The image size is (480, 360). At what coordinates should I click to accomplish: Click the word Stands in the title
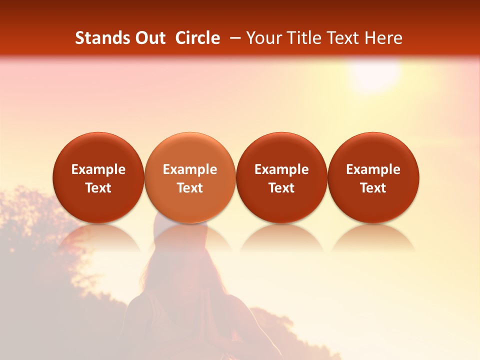pos(100,38)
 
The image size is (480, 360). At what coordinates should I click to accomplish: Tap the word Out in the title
pos(148,38)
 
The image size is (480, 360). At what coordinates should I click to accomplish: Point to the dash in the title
pos(236,38)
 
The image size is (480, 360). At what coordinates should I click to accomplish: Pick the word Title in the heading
pos(302,38)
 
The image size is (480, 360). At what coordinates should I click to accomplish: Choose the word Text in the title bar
pos(342,38)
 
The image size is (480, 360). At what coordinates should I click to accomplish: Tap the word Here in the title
pos(383,38)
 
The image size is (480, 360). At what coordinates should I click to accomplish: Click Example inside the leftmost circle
pos(98,169)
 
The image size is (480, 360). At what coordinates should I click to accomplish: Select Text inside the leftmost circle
pos(98,188)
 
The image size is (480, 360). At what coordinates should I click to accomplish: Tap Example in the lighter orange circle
pos(190,169)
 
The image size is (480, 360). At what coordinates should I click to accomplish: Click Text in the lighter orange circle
pos(190,188)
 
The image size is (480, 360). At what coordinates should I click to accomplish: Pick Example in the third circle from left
pos(281,169)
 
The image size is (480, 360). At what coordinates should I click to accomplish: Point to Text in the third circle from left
pos(281,188)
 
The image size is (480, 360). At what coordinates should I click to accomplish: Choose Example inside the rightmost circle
pos(373,169)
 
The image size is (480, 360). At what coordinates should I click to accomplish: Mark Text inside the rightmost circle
pos(373,188)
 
